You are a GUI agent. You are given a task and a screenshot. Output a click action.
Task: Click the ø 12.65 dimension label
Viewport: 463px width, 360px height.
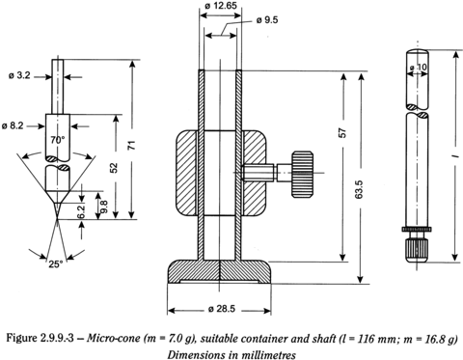coord(221,6)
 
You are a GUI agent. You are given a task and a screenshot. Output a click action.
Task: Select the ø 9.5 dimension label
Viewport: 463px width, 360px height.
coord(267,20)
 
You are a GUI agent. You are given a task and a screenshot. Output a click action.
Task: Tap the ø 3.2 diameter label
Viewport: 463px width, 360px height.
coord(19,75)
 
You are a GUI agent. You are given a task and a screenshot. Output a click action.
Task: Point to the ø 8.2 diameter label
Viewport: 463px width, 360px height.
coord(13,125)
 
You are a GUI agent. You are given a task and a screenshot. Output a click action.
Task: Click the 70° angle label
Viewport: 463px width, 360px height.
coord(58,140)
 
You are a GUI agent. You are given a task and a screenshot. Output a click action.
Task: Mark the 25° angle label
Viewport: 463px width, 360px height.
coord(56,264)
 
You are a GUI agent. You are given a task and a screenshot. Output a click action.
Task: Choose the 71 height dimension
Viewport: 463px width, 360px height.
coord(133,145)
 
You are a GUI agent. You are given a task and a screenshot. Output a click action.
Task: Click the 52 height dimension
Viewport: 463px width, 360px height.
coord(114,168)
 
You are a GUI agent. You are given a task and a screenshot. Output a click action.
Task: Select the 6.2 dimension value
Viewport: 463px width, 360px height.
coord(82,211)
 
